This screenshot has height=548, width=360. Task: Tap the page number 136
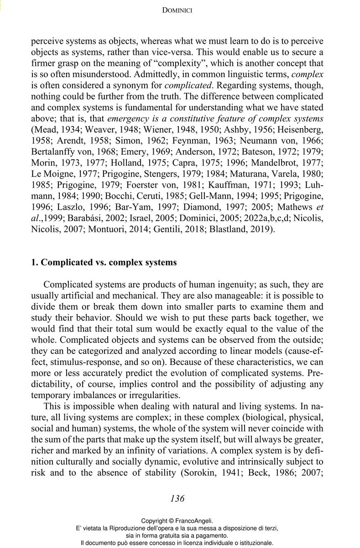tap(177, 498)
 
